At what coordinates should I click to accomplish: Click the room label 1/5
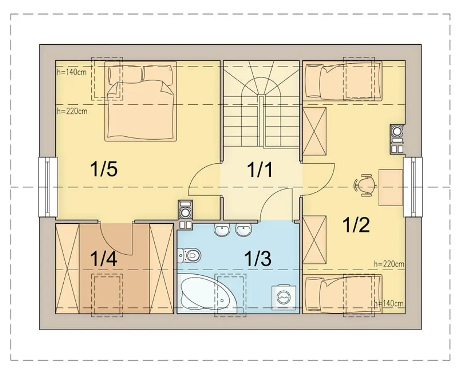point(104,169)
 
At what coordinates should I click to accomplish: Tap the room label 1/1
point(260,170)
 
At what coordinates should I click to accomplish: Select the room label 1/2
point(356,225)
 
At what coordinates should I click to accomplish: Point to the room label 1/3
point(258,258)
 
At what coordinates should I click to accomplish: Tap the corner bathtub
point(207,293)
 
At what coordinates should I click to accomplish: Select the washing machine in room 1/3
point(284,297)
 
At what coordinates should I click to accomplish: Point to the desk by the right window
point(390,188)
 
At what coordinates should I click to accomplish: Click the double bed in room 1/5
point(141,101)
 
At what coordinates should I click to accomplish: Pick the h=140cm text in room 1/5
point(72,72)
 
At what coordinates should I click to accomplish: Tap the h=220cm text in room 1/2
point(389,264)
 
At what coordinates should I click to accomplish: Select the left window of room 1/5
point(48,187)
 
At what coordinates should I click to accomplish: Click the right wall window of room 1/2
point(413,187)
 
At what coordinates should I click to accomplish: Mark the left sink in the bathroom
point(222,230)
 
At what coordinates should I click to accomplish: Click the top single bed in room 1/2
point(343,80)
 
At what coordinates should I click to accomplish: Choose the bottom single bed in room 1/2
point(343,294)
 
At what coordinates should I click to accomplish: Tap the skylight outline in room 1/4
point(107,295)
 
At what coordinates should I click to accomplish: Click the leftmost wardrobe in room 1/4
point(67,268)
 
